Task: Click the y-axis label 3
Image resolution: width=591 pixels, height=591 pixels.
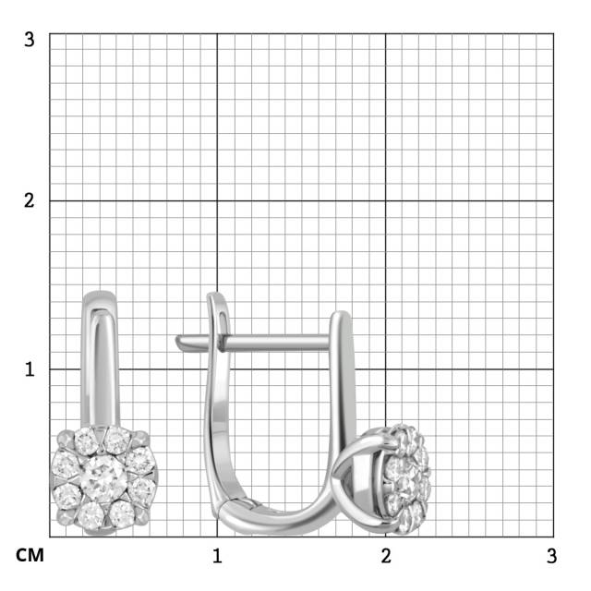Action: click(30, 40)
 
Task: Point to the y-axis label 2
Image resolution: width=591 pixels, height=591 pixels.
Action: click(30, 200)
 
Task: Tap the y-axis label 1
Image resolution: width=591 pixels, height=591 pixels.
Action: click(30, 368)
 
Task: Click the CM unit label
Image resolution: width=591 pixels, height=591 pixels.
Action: click(30, 556)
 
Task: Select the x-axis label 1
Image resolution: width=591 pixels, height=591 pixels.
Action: click(217, 556)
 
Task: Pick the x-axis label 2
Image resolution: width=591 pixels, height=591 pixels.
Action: click(386, 556)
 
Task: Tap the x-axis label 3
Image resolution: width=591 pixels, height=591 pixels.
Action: click(551, 556)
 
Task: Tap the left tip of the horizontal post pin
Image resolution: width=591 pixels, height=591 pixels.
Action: click(179, 342)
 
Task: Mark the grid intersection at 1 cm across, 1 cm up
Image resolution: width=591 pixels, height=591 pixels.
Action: click(217, 369)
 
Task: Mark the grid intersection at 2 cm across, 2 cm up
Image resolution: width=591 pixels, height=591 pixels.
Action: click(386, 200)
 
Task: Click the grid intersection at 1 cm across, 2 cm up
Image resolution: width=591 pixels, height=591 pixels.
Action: click(217, 200)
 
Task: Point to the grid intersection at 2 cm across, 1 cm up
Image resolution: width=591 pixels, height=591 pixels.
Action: click(386, 369)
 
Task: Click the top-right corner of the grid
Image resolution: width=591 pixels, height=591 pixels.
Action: click(554, 33)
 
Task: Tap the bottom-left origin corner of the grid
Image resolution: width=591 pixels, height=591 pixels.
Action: click(49, 537)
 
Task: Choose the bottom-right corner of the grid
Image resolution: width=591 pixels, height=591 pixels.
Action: click(554, 537)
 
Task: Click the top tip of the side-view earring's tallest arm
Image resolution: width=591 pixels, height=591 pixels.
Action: click(216, 295)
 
